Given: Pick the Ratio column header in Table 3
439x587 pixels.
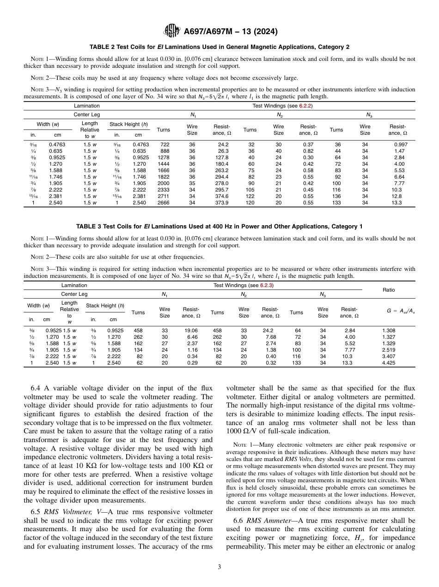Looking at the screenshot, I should [389, 290].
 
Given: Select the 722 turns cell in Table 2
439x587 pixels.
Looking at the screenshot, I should [165, 144].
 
